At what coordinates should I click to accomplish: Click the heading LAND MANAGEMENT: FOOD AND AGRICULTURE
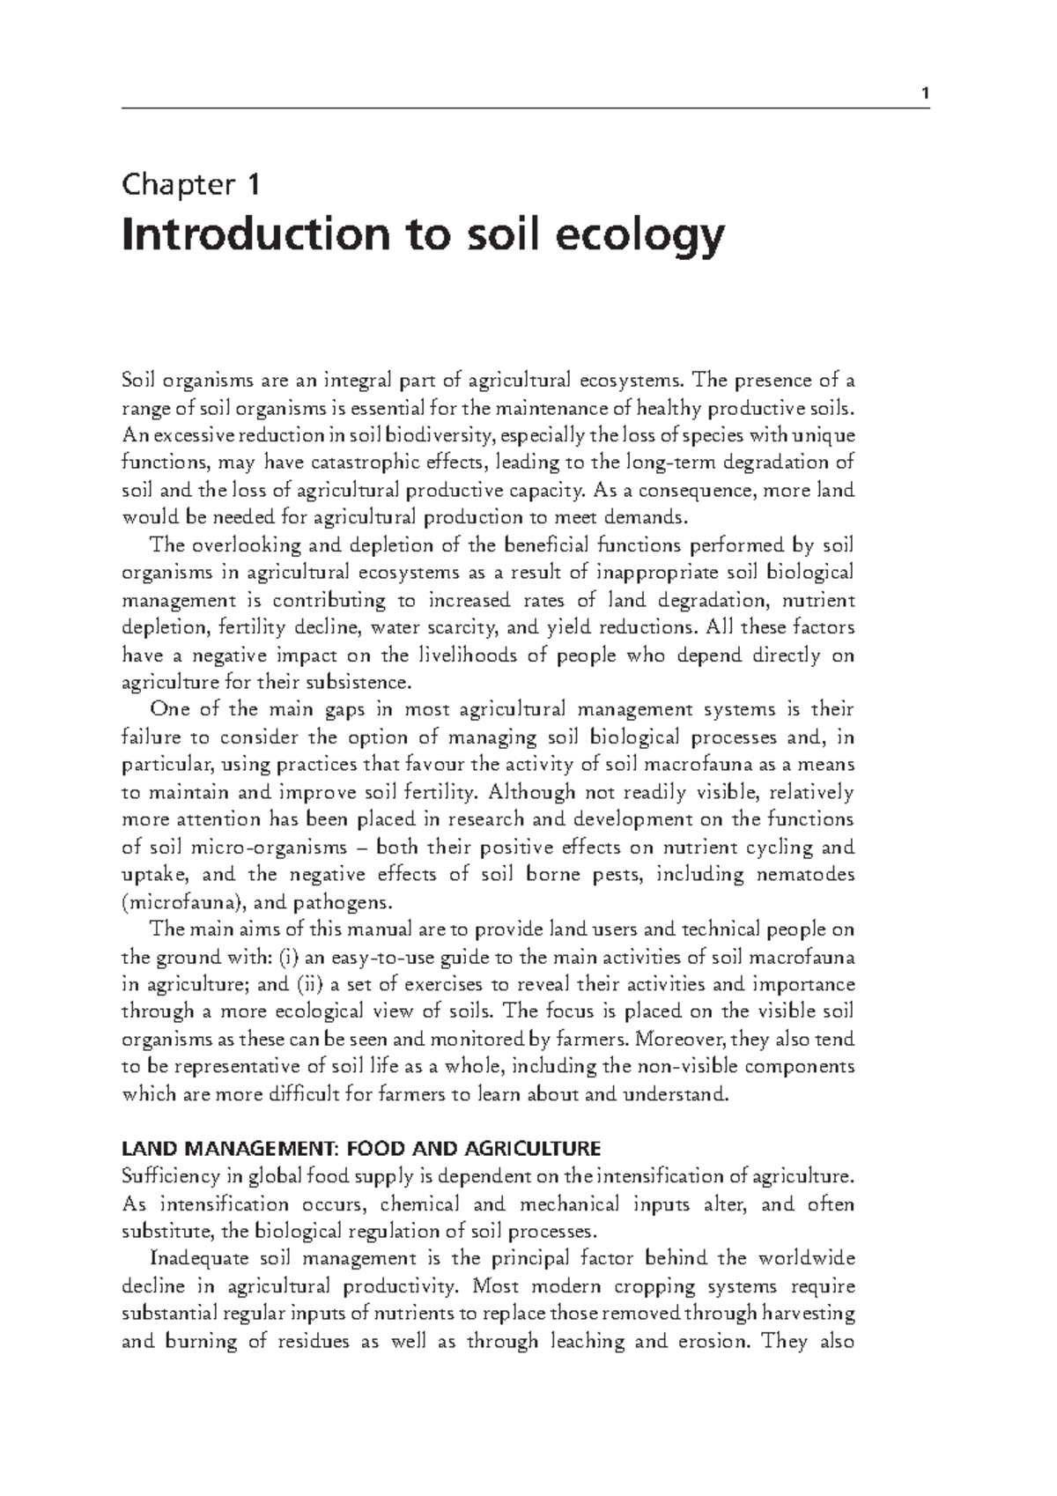click(361, 1149)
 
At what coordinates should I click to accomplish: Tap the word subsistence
click(361, 683)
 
